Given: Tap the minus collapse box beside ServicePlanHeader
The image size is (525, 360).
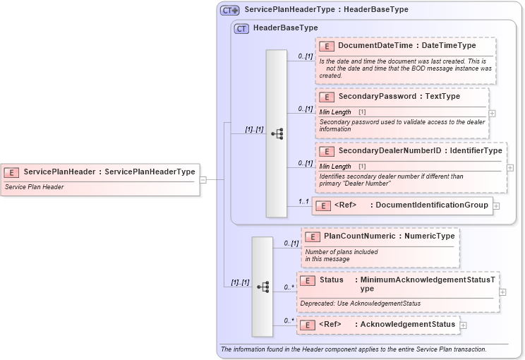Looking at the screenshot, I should (203, 179).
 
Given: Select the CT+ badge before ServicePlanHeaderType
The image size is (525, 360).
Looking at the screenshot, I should (230, 11).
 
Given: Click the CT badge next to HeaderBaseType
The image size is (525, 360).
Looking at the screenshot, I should (241, 28).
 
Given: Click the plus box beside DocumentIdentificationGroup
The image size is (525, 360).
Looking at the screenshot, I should (496, 206).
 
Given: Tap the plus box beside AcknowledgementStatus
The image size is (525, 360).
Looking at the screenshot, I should (463, 325).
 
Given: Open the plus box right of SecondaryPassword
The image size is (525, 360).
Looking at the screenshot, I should (492, 113).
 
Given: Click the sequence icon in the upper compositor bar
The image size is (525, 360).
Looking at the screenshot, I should (277, 133).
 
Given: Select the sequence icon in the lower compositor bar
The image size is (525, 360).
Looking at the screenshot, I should (262, 287).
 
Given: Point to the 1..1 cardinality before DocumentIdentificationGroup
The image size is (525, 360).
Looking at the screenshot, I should (304, 201).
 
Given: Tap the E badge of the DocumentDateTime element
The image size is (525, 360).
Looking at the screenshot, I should (327, 47).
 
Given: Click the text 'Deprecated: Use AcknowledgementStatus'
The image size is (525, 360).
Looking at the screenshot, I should (360, 304).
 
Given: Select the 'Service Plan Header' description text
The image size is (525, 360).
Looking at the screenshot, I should (34, 187).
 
